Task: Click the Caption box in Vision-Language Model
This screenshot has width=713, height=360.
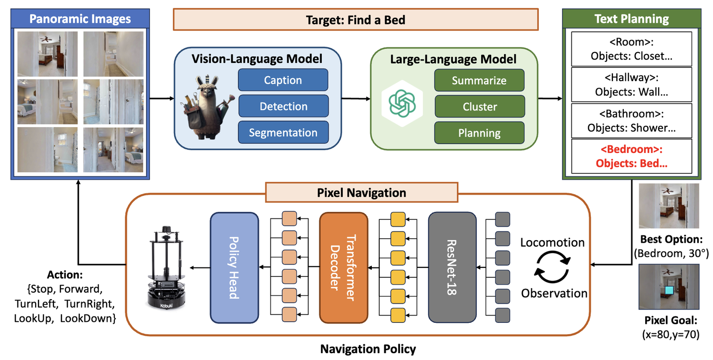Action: (x=283, y=80)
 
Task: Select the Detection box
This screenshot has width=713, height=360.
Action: (x=283, y=106)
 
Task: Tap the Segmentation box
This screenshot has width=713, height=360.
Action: (x=283, y=133)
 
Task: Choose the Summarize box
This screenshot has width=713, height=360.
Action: (x=479, y=80)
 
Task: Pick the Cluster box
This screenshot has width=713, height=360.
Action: (x=479, y=106)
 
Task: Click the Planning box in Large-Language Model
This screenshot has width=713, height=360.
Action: (x=479, y=133)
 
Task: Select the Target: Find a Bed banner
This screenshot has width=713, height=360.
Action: (x=355, y=20)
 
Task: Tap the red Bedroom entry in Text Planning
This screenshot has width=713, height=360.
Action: (x=631, y=156)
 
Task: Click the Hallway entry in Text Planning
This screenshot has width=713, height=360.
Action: (x=631, y=85)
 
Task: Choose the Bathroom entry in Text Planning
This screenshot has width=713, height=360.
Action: (x=631, y=120)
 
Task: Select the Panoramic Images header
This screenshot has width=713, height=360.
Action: (x=80, y=19)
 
